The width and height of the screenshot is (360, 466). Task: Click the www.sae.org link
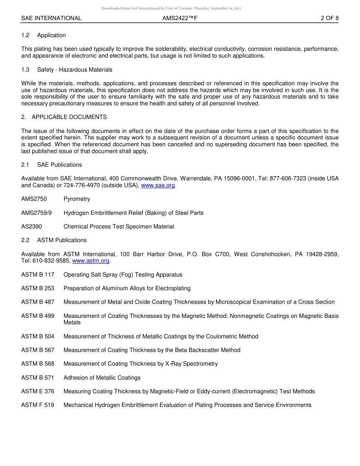pos(158,186)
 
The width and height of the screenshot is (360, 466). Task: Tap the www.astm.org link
pos(91,261)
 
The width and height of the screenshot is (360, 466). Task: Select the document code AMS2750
pos(34,199)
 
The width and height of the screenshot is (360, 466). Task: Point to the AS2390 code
pos(32,227)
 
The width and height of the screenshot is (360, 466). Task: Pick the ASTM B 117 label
pos(38,275)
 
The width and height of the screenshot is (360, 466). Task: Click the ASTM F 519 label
pos(38,405)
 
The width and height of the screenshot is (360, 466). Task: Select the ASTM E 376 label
pos(38,391)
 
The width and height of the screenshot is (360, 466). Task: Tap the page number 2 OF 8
pos(329,18)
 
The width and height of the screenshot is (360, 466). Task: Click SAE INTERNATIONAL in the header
pos(51,18)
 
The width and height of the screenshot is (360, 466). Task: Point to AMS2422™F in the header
pos(180,18)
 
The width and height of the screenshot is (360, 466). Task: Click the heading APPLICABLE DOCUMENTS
pos(69,117)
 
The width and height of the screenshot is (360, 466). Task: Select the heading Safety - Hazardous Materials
pos(75,70)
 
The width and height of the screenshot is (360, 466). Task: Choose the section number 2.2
pos(25,240)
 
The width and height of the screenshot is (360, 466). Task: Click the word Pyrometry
pos(77,199)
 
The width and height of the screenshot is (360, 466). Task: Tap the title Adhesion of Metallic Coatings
pos(102,378)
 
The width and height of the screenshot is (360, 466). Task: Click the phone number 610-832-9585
pos(51,261)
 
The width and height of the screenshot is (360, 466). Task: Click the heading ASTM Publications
pos(62,240)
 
